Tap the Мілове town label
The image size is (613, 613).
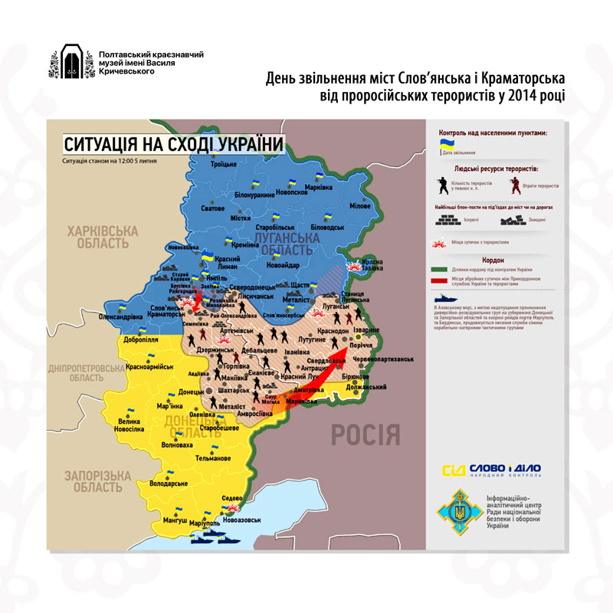pos(365,207)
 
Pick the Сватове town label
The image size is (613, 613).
pos(212,208)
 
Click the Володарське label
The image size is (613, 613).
pos(169,484)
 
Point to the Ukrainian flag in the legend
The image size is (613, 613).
pos(444,143)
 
